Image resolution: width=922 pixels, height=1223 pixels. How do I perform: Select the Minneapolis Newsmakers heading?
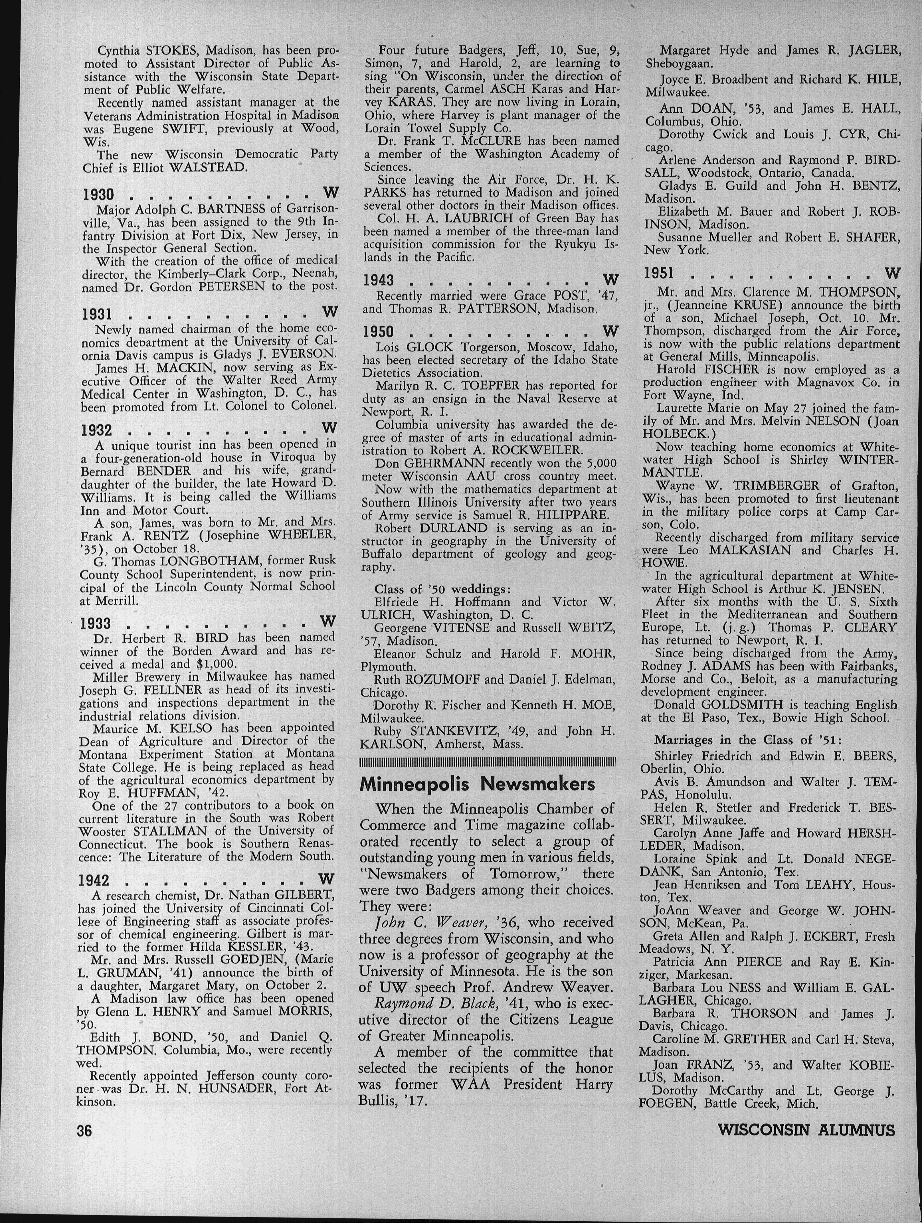tap(477, 784)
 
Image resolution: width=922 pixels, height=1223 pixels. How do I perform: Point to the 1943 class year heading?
tap(378, 281)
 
